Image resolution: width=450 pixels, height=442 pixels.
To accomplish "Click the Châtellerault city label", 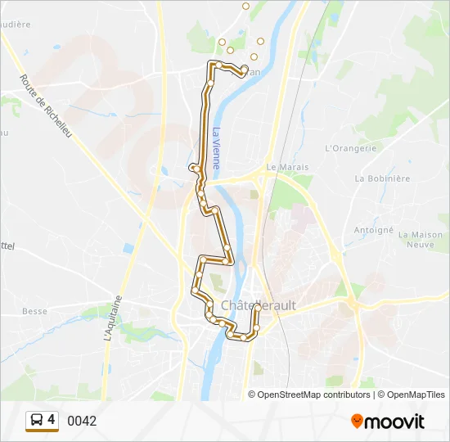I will (259, 304).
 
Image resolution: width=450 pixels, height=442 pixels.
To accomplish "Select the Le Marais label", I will (287, 167).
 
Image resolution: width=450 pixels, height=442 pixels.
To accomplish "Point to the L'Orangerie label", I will (350, 148).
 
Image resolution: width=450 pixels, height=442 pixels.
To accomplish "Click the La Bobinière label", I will (381, 178).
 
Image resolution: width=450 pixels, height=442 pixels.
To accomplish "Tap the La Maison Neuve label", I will (416, 239).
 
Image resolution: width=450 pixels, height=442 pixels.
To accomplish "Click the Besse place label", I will (34, 311).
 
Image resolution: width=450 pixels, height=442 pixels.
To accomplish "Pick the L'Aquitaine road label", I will (111, 318).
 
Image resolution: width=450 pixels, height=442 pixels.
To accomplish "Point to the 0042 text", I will (82, 422).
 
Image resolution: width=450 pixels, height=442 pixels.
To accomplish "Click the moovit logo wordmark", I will (394, 422).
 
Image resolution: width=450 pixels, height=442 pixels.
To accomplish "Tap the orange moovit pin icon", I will (357, 422).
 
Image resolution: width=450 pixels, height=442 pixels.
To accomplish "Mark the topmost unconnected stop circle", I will (245, 6).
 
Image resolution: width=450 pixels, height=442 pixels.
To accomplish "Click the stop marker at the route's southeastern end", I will (256, 328).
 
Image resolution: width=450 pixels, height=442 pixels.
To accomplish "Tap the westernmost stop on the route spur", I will (193, 168).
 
